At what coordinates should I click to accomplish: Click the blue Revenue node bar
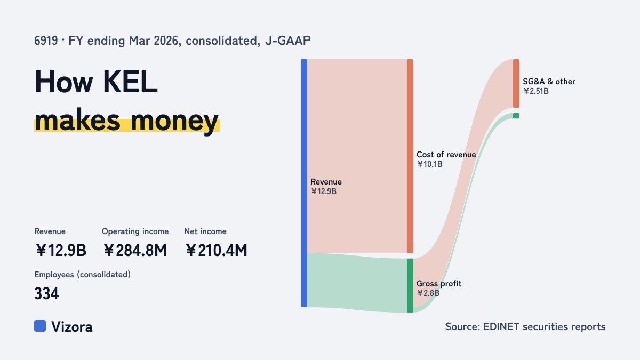click(304, 183)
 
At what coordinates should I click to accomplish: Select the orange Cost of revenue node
click(410, 156)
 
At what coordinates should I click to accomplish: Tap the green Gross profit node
click(410, 285)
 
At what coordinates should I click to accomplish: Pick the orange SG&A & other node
click(516, 83)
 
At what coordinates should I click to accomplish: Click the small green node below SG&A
click(516, 116)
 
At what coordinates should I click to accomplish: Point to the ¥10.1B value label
click(430, 164)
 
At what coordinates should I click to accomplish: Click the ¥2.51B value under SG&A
click(536, 91)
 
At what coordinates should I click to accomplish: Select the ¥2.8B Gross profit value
click(428, 293)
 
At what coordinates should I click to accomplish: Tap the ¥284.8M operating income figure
click(135, 250)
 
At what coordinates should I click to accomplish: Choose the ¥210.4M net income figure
click(217, 250)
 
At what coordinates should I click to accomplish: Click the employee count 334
click(46, 293)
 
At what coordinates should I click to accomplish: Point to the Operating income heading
click(135, 231)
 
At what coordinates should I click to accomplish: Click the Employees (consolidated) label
click(82, 275)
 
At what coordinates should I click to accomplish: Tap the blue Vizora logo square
click(40, 326)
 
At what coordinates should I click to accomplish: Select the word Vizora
click(71, 327)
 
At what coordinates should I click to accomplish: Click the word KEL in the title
click(130, 82)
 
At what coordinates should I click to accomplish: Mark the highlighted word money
click(174, 121)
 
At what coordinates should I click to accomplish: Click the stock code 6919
click(46, 41)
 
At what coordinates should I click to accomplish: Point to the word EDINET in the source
click(501, 326)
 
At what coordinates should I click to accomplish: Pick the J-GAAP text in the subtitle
click(287, 41)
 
